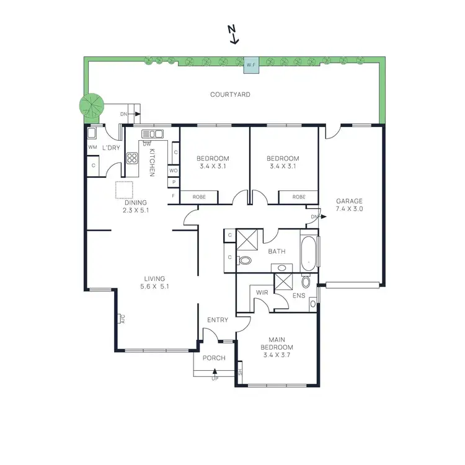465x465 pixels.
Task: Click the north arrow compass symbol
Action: pos(233,35)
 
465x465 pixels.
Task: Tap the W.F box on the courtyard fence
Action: pos(251,64)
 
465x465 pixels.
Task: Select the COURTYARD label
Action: pos(230,95)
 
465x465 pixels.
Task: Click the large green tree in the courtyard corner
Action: pos(91,107)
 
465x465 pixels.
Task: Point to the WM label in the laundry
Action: pos(93,148)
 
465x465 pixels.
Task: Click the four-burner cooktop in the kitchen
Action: pos(133,157)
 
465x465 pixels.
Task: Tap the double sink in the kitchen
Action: pos(152,133)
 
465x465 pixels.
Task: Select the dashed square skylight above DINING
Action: pos(124,190)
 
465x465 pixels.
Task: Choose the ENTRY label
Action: pos(218,320)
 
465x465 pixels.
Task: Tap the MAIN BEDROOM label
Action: pos(277,343)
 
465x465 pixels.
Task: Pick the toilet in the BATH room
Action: pos(245,261)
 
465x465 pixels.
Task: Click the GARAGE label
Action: pos(350,201)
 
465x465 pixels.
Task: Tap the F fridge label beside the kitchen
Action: pos(174,197)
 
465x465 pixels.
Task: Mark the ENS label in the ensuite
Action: pos(299,296)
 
